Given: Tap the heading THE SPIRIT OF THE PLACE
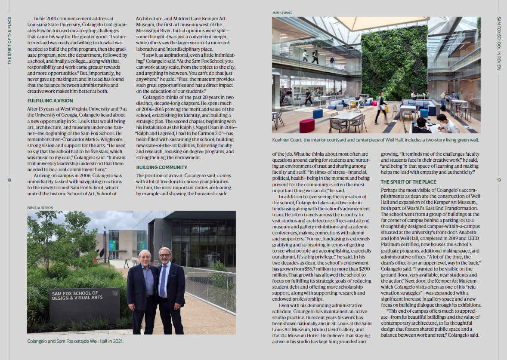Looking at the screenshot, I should click(408, 182).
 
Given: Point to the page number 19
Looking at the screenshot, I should click(499, 180).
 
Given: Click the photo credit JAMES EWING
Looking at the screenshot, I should click(282, 13).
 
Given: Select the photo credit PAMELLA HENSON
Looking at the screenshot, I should click(40, 208).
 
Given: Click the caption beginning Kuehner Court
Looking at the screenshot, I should click(375, 140).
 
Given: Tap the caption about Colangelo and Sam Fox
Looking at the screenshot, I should click(75, 342).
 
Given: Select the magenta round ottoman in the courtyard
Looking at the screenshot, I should click(306, 126).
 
